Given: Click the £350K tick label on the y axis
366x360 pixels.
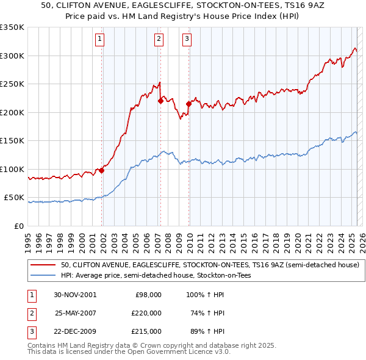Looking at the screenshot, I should tap(12, 27).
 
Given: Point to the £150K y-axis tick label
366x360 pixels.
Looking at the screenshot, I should tap(12, 141).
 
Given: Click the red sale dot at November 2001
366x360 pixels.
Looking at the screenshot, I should tap(102, 170).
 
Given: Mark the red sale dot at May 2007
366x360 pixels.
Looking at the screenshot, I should tap(160, 101).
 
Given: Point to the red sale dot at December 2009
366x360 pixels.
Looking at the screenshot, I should tap(188, 104).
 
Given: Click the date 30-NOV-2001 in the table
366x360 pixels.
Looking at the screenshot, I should tap(75, 294).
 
